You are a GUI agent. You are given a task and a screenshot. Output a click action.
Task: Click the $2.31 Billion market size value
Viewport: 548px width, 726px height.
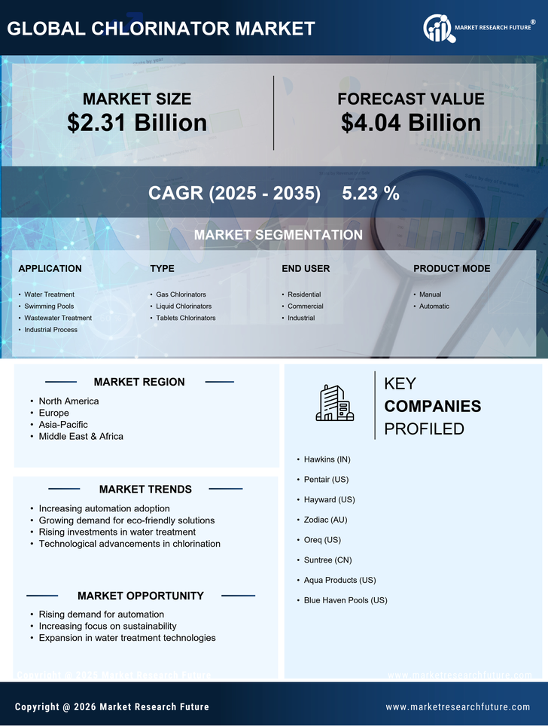tap(137, 123)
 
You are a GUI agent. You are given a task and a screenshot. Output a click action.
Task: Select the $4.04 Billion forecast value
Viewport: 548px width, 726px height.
tap(410, 123)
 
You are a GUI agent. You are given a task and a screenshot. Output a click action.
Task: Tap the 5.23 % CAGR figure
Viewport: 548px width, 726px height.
tap(370, 193)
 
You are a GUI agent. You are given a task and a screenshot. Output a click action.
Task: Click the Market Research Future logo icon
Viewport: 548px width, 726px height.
tap(437, 29)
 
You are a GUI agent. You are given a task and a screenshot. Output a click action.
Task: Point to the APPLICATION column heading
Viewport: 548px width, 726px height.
tap(50, 268)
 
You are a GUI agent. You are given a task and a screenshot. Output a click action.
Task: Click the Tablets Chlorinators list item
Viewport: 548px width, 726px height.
tap(185, 318)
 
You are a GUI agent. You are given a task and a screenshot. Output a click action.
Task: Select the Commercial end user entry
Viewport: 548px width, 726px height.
tap(305, 307)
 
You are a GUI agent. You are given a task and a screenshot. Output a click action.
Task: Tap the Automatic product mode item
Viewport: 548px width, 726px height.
tap(434, 307)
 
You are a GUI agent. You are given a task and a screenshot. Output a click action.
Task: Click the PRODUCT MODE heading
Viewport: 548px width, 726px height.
tap(452, 268)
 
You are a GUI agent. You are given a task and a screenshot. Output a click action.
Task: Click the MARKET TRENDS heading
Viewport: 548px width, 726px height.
tap(145, 489)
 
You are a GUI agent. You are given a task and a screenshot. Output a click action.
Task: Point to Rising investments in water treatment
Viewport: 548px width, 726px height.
tap(117, 532)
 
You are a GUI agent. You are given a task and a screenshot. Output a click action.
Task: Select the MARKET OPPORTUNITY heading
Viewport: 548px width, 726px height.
tap(141, 596)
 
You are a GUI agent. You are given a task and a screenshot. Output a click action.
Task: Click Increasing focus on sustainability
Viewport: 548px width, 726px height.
tap(108, 626)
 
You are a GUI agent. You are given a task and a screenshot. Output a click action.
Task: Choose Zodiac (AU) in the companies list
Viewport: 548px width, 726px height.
tap(325, 520)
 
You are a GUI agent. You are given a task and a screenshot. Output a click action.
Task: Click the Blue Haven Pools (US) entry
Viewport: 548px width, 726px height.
tap(346, 600)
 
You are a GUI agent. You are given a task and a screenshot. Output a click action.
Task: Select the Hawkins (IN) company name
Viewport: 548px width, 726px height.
tap(327, 459)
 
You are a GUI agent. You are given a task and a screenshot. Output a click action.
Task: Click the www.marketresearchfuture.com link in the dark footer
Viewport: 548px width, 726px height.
tap(458, 707)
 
